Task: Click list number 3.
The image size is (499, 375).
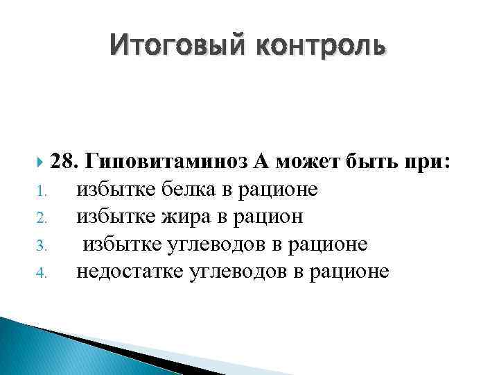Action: (x=41, y=244)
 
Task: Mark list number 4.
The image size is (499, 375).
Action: (x=41, y=272)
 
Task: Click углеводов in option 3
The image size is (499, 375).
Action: (x=220, y=244)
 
